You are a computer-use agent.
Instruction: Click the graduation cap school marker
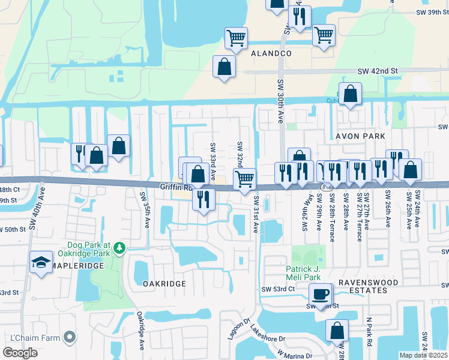tap(41, 262)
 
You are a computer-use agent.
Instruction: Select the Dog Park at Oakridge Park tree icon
tap(119, 247)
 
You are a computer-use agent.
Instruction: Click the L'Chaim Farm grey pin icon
tap(70, 338)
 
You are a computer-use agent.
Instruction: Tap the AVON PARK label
tap(360, 136)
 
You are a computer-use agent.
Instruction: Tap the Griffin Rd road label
tap(175, 187)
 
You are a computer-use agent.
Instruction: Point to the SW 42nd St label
tap(378, 71)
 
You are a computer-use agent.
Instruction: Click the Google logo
tap(20, 353)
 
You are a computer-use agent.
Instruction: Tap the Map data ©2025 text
tap(423, 355)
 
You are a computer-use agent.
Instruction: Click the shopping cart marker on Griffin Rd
tap(244, 179)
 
